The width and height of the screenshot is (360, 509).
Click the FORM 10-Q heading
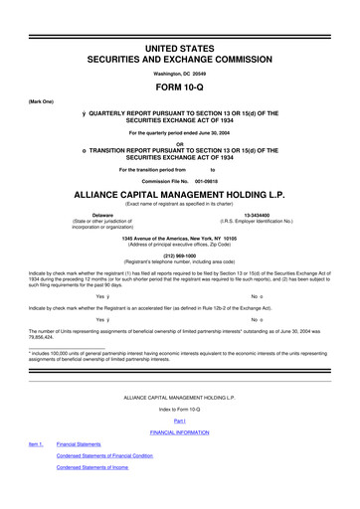180,89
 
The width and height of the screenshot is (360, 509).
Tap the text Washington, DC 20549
180,74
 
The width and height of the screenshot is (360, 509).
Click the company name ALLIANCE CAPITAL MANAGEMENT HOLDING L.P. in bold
180,195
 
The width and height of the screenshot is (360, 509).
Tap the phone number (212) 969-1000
180,253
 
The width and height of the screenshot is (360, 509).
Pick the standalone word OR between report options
180,143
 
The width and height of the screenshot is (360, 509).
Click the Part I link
180,421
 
